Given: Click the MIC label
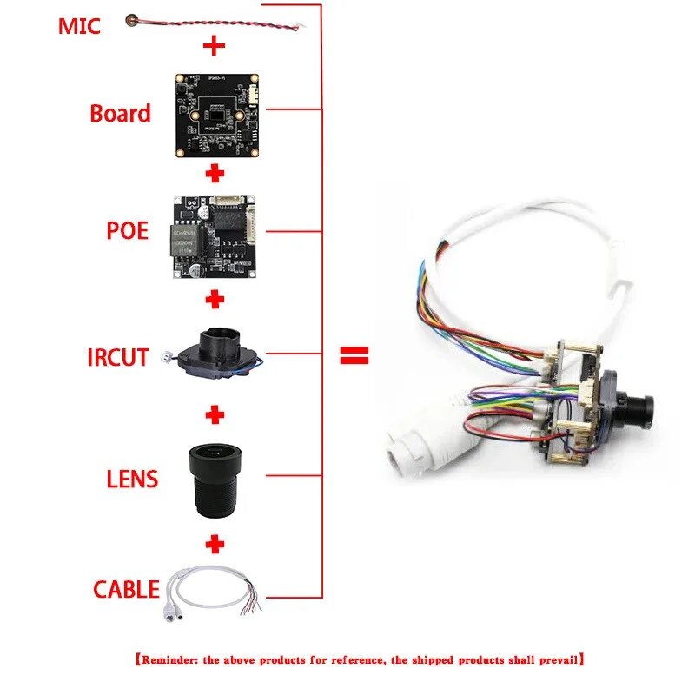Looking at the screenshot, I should [79, 25].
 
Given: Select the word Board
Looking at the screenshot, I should [120, 113].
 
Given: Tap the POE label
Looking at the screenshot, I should [127, 230].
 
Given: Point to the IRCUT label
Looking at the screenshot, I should [118, 357].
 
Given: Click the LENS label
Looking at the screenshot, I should [132, 478].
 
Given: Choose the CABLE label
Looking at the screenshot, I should [127, 589].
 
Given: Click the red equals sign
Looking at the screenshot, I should [354, 354].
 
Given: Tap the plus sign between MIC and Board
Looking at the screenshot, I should [215, 45].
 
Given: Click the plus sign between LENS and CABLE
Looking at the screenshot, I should [215, 544].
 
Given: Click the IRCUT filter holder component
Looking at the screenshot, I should [217, 354].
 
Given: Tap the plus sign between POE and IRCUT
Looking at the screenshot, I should [215, 300].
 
